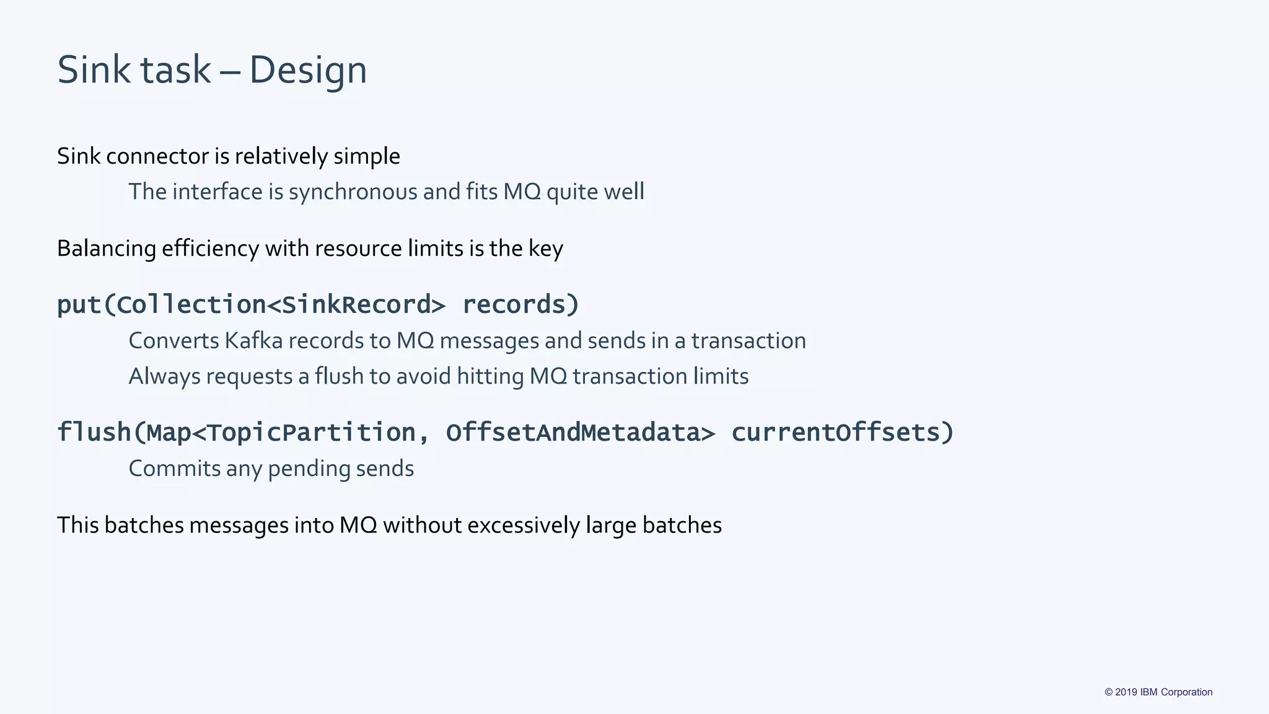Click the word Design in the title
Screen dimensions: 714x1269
tap(308, 70)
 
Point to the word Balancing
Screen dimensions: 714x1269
tap(106, 249)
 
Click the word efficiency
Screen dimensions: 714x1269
tap(210, 249)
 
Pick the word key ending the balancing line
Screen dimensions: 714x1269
tap(545, 249)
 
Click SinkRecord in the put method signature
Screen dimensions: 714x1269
tap(356, 304)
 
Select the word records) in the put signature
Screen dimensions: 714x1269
tap(520, 304)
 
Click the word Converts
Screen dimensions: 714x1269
tap(173, 341)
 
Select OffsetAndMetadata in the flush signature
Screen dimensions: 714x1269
tap(573, 432)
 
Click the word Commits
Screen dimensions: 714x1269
tap(174, 469)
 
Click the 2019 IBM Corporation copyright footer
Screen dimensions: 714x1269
tap(1158, 692)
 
